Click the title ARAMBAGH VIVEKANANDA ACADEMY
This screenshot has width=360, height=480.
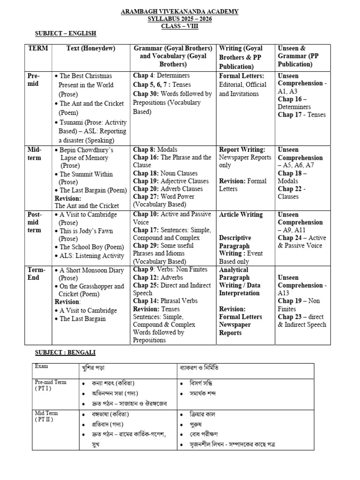point(180,11)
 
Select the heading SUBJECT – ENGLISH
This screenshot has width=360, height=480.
point(66,33)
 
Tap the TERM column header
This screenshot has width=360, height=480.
point(38,48)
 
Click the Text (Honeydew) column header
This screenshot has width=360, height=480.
point(91,48)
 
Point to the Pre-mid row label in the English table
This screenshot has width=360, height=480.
point(34,80)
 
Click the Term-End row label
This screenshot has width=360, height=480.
point(36,274)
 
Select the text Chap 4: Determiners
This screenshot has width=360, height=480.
point(161,75)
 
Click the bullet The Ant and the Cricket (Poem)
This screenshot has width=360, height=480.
point(91,108)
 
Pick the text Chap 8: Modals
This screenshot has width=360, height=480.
point(155,150)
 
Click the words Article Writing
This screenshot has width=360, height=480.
point(241,214)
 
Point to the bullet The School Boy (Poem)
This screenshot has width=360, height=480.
point(89,247)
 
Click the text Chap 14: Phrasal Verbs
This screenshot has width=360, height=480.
point(165,301)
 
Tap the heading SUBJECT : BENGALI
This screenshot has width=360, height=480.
point(66,352)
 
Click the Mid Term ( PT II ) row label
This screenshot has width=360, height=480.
point(46,416)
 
